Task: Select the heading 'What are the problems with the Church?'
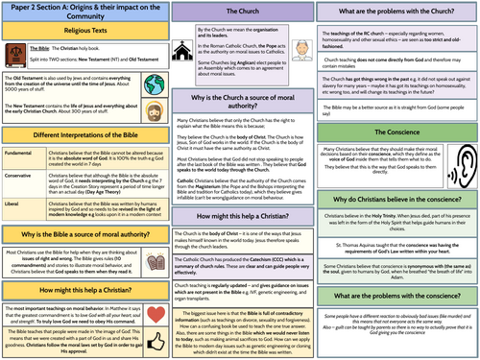coord(395,12)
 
